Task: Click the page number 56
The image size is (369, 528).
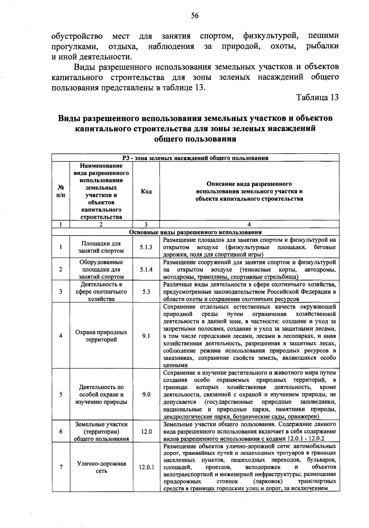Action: [x=195, y=16]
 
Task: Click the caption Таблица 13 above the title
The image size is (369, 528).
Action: [x=317, y=98]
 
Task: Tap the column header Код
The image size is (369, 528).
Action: [x=146, y=191]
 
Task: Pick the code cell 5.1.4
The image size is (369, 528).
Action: [x=146, y=269]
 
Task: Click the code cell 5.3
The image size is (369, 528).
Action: [x=146, y=292]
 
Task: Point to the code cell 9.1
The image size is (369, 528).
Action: [x=146, y=336]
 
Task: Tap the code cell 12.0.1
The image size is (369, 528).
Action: [x=146, y=467]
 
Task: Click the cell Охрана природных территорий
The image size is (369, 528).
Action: [x=101, y=336]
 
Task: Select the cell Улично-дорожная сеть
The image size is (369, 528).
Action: [x=101, y=467]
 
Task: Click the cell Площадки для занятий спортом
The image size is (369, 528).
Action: [x=101, y=247]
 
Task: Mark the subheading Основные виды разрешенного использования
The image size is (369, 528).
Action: [x=195, y=232]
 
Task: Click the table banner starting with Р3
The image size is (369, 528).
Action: [x=195, y=158]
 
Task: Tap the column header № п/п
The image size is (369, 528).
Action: [x=61, y=191]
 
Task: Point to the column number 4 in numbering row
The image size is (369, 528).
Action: [x=249, y=224]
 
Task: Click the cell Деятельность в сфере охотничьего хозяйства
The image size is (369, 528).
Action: [x=101, y=292]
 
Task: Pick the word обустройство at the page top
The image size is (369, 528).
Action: [x=77, y=36]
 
